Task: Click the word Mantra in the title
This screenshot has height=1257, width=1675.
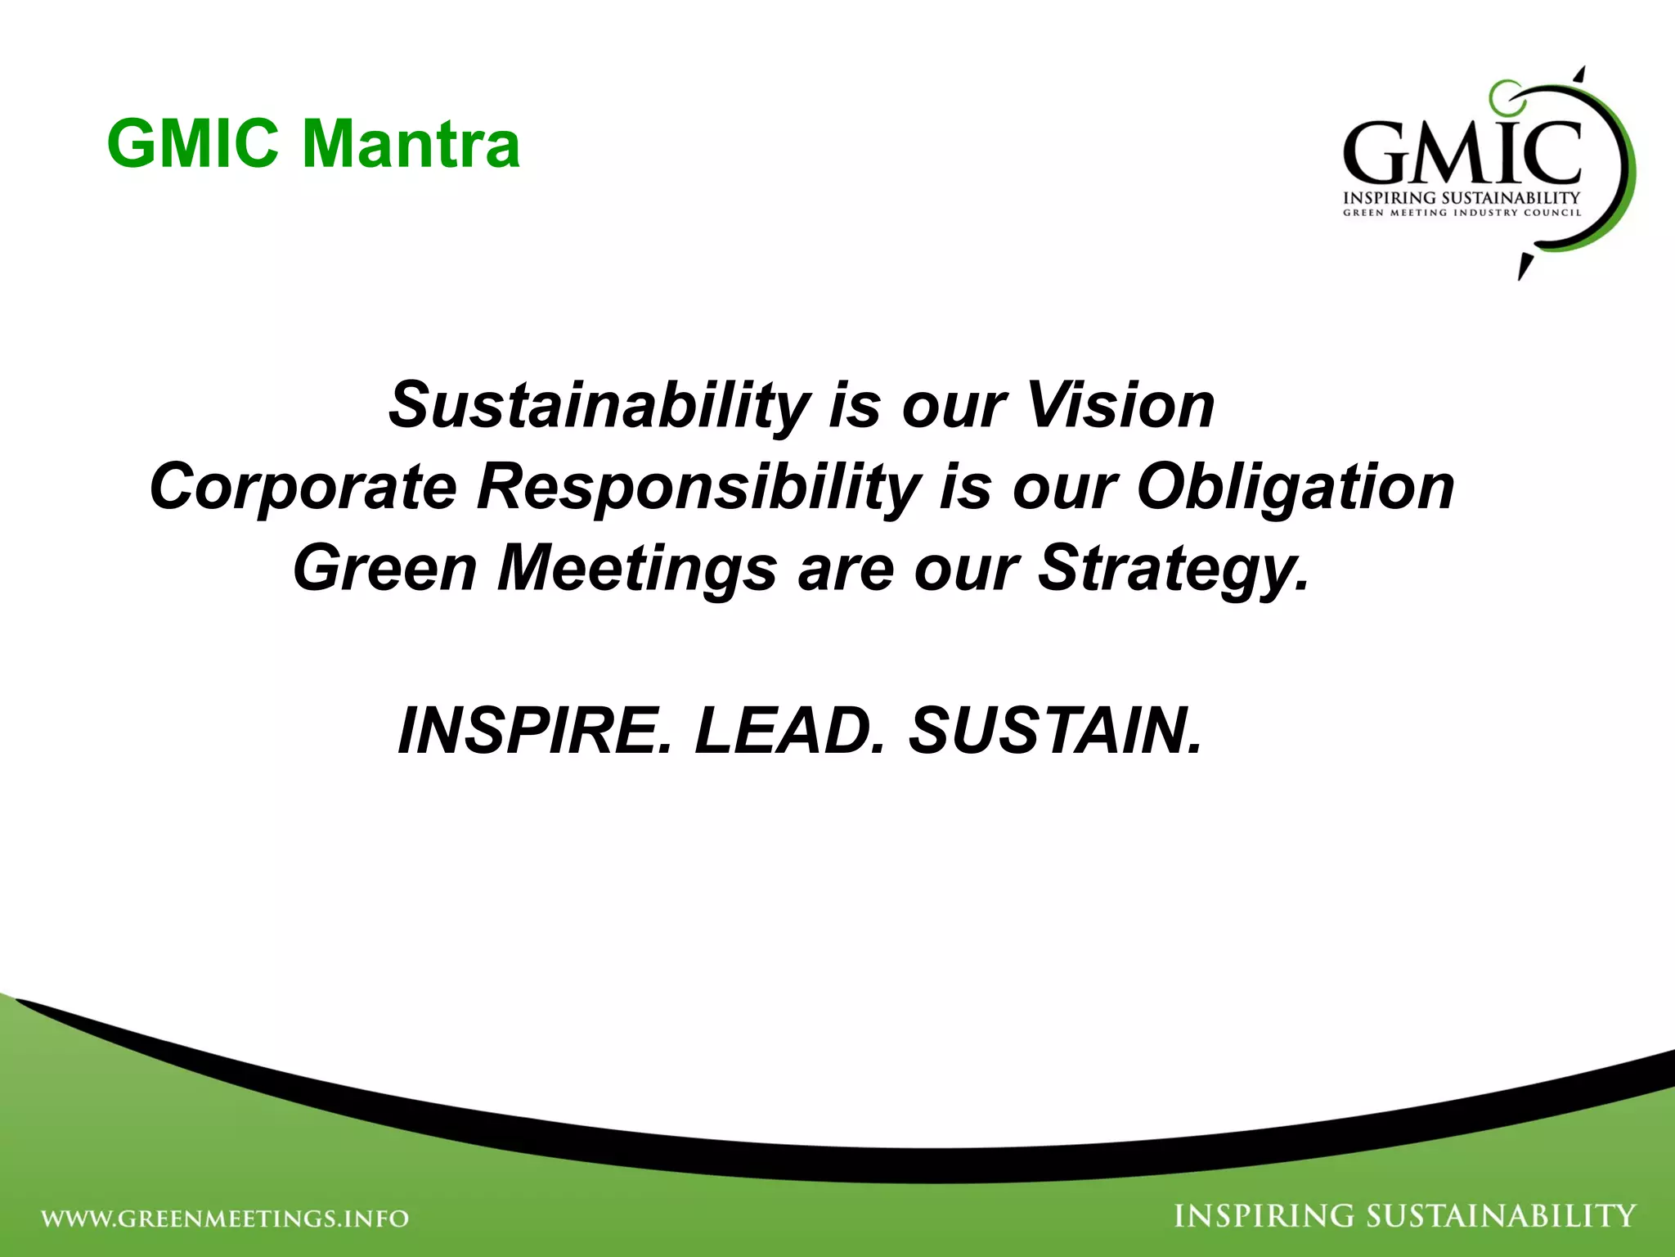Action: click(411, 145)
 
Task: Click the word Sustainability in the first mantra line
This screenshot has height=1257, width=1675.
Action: click(599, 406)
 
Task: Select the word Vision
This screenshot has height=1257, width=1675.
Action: click(1120, 406)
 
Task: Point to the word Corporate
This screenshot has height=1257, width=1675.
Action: click(303, 487)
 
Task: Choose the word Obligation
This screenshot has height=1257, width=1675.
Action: click(1296, 487)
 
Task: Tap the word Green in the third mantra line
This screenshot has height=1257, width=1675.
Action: click(384, 569)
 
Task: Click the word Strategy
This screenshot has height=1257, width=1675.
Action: click(1173, 569)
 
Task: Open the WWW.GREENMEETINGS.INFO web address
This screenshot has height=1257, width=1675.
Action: click(226, 1219)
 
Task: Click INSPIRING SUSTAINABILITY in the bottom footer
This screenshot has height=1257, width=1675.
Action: click(1404, 1216)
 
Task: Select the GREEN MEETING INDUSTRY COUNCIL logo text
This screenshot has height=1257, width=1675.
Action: click(1462, 213)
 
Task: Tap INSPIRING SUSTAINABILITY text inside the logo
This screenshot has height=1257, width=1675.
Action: click(1462, 198)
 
